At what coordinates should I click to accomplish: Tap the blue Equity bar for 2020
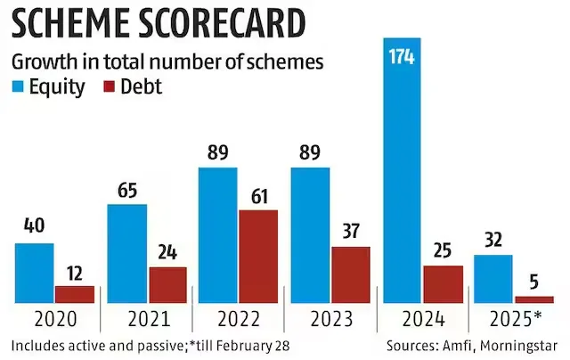(35, 272)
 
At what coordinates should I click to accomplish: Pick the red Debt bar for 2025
(533, 299)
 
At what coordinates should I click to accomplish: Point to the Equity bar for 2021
(126, 253)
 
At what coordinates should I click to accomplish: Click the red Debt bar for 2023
(351, 274)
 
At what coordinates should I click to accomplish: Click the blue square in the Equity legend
(18, 87)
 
